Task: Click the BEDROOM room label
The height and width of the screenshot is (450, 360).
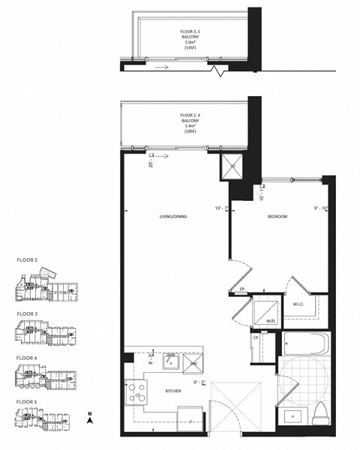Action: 277,217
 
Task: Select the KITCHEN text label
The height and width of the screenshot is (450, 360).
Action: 174,391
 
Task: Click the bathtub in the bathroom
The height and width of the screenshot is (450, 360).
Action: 306,346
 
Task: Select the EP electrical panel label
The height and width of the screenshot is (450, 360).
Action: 242,289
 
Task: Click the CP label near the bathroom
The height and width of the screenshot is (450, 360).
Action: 256,337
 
